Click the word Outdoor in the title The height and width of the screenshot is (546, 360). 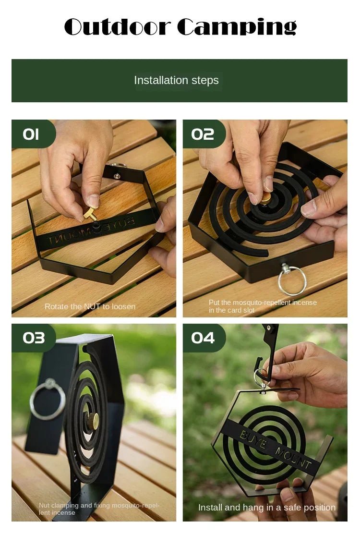coord(118,27)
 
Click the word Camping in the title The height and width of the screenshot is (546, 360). coord(237,28)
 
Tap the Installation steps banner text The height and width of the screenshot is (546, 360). coord(176,80)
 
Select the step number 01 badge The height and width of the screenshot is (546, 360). coord(31,134)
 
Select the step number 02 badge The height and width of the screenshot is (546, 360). coord(203,134)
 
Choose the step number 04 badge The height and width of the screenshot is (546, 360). coord(203,338)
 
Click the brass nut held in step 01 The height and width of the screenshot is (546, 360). coord(90,215)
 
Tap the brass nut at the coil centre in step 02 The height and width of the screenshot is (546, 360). coord(265,197)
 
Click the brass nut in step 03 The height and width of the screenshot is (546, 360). coord(95,421)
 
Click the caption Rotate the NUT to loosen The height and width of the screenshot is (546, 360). coord(90,306)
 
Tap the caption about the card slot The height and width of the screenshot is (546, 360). coord(263,306)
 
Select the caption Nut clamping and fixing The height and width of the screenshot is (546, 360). coord(99,509)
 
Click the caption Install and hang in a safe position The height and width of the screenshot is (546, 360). coord(267,507)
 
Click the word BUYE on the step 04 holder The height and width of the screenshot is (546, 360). coord(252,439)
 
